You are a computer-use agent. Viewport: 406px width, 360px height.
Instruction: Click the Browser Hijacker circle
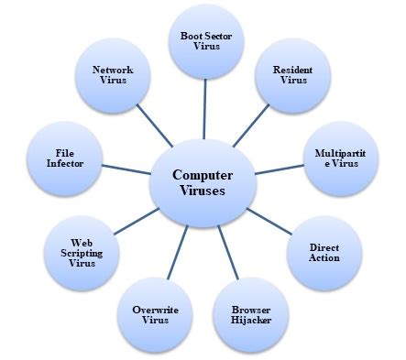(x=250, y=316)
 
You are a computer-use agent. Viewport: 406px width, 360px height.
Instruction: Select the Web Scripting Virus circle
(x=82, y=250)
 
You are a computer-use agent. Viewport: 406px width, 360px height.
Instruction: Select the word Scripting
(x=82, y=250)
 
